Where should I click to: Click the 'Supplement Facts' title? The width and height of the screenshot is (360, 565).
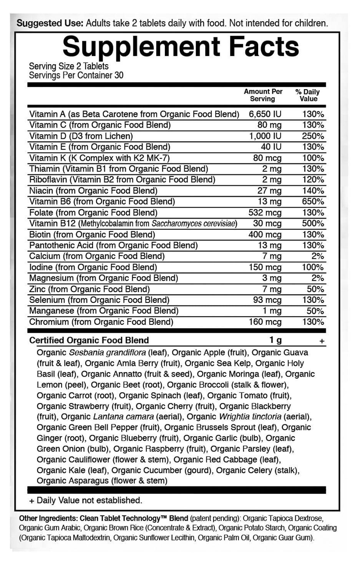tap(181, 47)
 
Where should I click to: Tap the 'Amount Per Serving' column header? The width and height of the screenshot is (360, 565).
tap(263, 95)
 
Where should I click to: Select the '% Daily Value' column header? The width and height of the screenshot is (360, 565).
tap(307, 95)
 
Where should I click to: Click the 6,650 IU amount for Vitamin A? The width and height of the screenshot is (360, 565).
tap(265, 114)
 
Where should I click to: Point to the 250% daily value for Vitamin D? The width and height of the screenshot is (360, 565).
tap(313, 136)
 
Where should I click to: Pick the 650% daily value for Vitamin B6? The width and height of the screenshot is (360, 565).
tap(313, 201)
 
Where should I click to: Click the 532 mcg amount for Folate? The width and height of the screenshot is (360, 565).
tap(265, 213)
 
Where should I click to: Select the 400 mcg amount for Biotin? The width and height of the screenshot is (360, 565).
tap(265, 234)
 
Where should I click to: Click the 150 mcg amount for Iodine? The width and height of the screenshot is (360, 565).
tap(265, 267)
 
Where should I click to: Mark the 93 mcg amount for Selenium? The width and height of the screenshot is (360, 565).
tap(267, 300)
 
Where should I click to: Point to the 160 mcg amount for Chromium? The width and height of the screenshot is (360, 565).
tap(265, 322)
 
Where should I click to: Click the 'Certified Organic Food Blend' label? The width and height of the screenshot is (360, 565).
tap(89, 340)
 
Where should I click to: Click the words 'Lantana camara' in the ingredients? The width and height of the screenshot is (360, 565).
tap(123, 417)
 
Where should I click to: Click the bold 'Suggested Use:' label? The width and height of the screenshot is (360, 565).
tap(50, 23)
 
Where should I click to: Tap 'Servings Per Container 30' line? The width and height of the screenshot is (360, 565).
tap(76, 75)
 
